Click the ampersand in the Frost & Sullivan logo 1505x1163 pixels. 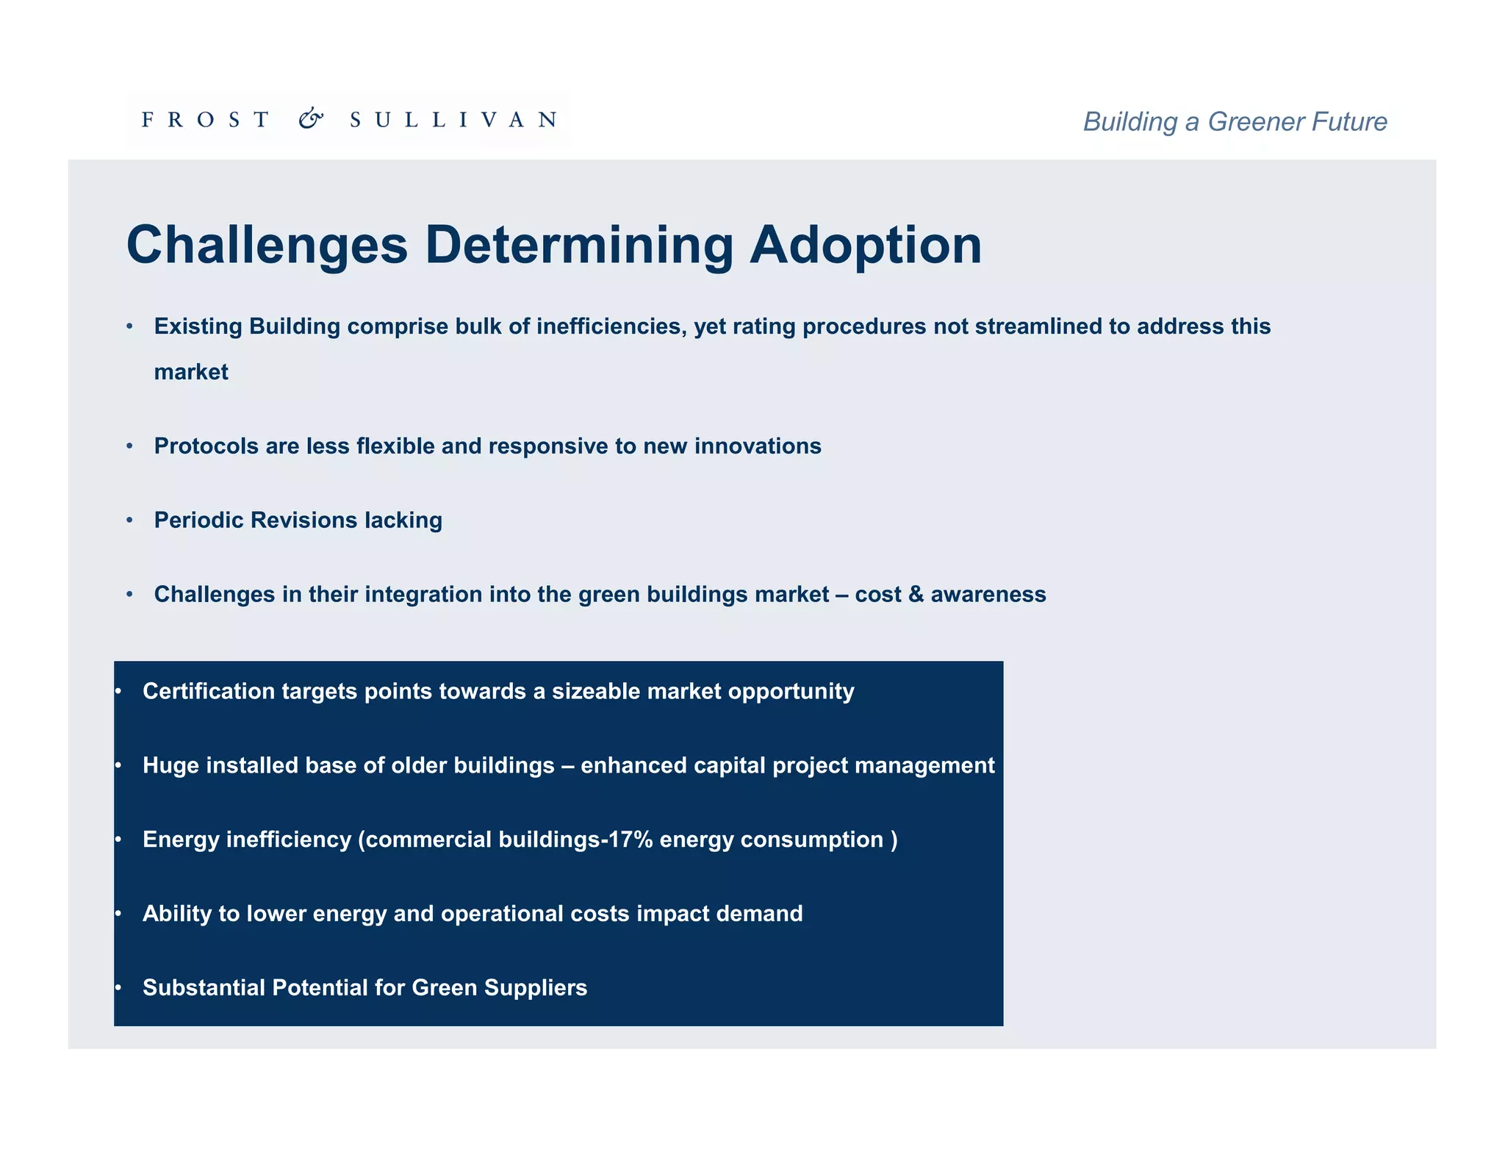tap(311, 119)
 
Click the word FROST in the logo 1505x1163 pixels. tap(205, 120)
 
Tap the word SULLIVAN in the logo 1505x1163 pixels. tap(453, 120)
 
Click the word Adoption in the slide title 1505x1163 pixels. tap(865, 246)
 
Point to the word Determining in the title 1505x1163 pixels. tap(579, 246)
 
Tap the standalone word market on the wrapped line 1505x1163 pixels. tap(191, 372)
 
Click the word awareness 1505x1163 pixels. tap(988, 594)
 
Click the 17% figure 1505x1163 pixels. tap(631, 840)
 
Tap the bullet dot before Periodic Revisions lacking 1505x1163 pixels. tap(130, 520)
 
